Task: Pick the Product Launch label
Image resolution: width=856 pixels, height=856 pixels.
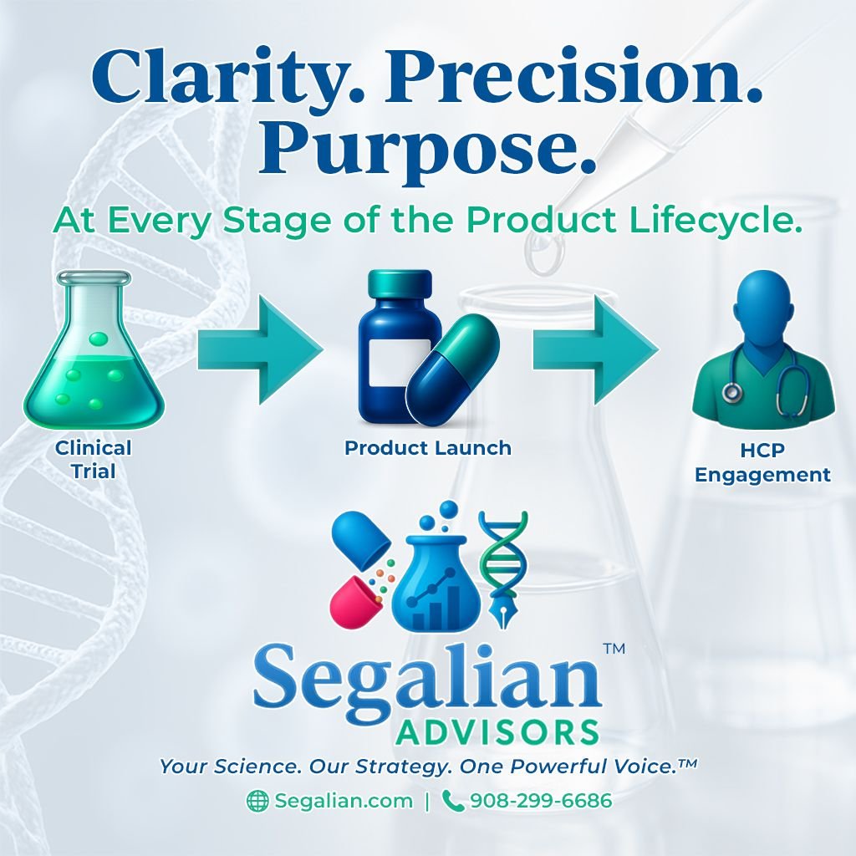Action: [x=428, y=448]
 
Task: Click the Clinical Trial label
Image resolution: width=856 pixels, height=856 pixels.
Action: [x=94, y=459]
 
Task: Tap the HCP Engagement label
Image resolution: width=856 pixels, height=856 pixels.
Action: [x=762, y=463]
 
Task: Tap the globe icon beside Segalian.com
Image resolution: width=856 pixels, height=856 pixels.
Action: [x=257, y=801]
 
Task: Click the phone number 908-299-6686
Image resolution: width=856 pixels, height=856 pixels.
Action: [x=541, y=801]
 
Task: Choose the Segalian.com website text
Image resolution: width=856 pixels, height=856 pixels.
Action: [x=344, y=801]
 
